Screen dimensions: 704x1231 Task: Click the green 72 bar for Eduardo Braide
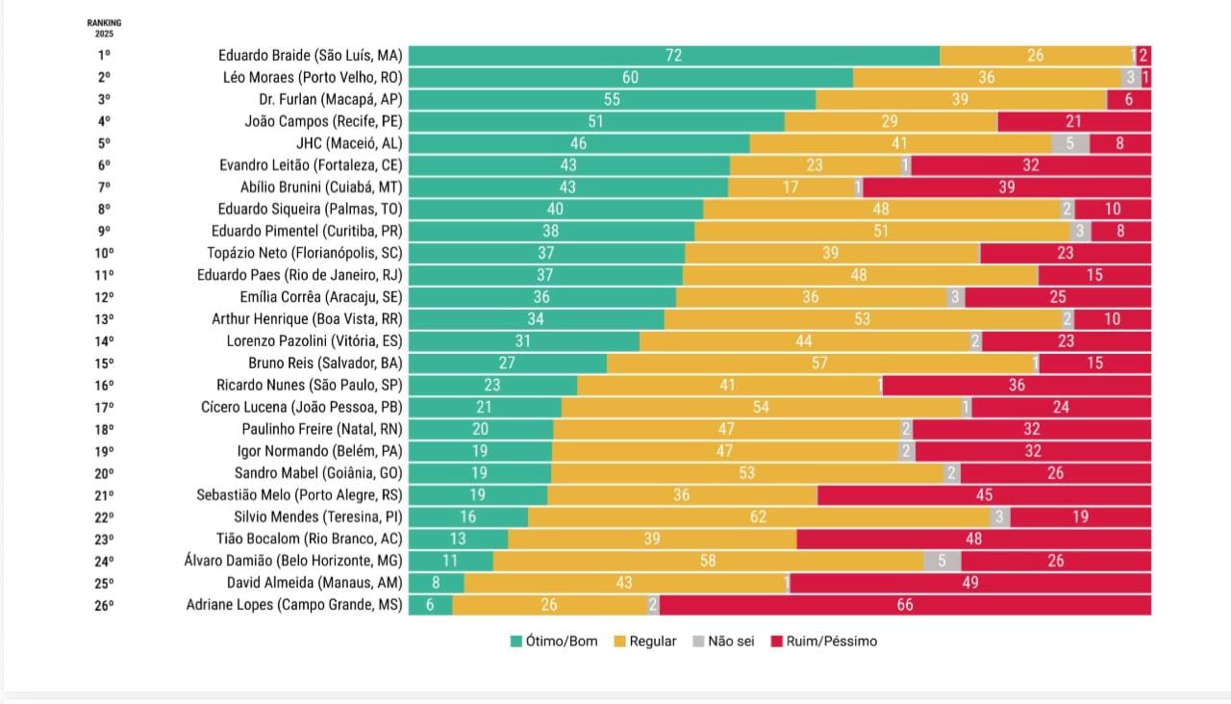point(673,56)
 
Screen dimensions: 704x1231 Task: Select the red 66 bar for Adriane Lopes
point(904,605)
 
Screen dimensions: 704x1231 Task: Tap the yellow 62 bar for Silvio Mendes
point(758,517)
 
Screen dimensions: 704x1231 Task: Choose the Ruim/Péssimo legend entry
point(823,641)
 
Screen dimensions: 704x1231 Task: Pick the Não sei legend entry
point(720,641)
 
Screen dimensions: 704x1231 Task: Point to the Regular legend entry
point(643,641)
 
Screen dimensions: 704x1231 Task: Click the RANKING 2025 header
point(104,28)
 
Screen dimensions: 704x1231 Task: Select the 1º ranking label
point(104,56)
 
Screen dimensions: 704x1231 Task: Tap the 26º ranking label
point(104,605)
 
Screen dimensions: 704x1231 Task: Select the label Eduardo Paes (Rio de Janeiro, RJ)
point(299,275)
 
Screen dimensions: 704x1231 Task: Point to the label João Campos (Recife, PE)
point(323,121)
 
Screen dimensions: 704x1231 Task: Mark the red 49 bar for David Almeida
point(969,583)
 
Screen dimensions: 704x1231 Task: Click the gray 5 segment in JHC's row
point(1069,143)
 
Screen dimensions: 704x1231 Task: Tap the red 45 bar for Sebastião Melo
point(984,495)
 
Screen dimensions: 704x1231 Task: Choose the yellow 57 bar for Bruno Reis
point(818,364)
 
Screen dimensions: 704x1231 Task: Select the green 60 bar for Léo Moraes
point(630,78)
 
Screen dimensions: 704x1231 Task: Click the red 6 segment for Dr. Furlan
point(1129,100)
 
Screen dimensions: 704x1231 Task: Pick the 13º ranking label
point(104,319)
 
